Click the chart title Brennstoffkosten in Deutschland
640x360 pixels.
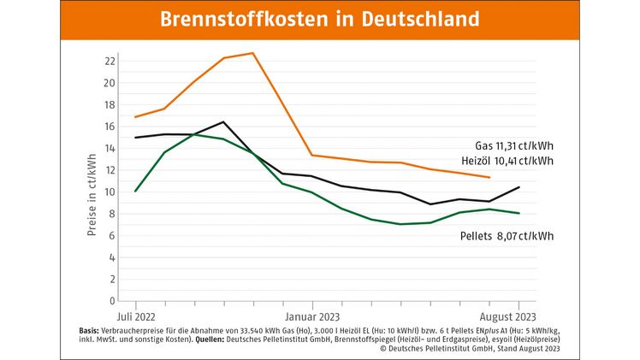click(x=320, y=19)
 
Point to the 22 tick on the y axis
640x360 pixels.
click(x=109, y=62)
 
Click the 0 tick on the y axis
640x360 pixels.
click(x=111, y=301)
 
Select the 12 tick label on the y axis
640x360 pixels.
click(x=109, y=170)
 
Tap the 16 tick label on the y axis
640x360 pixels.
click(x=109, y=127)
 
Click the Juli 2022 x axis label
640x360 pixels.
click(x=135, y=314)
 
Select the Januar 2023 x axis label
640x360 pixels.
click(x=312, y=314)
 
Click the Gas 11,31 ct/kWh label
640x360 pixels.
click(x=513, y=145)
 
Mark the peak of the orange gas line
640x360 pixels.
click(x=252, y=53)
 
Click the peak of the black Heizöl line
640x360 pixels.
click(x=223, y=121)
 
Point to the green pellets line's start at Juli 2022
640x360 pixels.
click(x=135, y=191)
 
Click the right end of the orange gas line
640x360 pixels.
click(x=489, y=178)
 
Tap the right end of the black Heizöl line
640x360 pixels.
click(x=518, y=187)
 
